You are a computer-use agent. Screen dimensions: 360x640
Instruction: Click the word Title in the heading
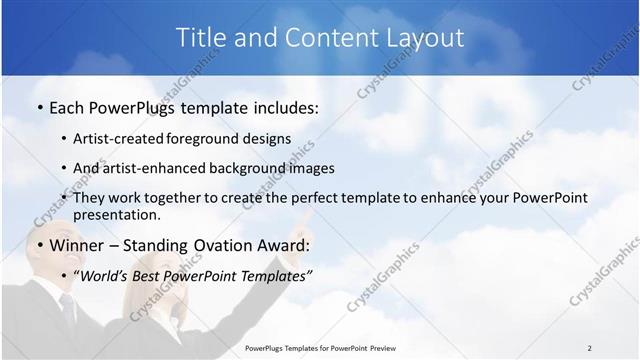pyautogui.click(x=201, y=38)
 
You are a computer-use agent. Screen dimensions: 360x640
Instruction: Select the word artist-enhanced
pyautogui.click(x=165, y=169)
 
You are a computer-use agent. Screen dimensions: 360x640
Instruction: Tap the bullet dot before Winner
pyautogui.click(x=39, y=244)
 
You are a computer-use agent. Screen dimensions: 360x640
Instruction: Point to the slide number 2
pyautogui.click(x=589, y=348)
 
